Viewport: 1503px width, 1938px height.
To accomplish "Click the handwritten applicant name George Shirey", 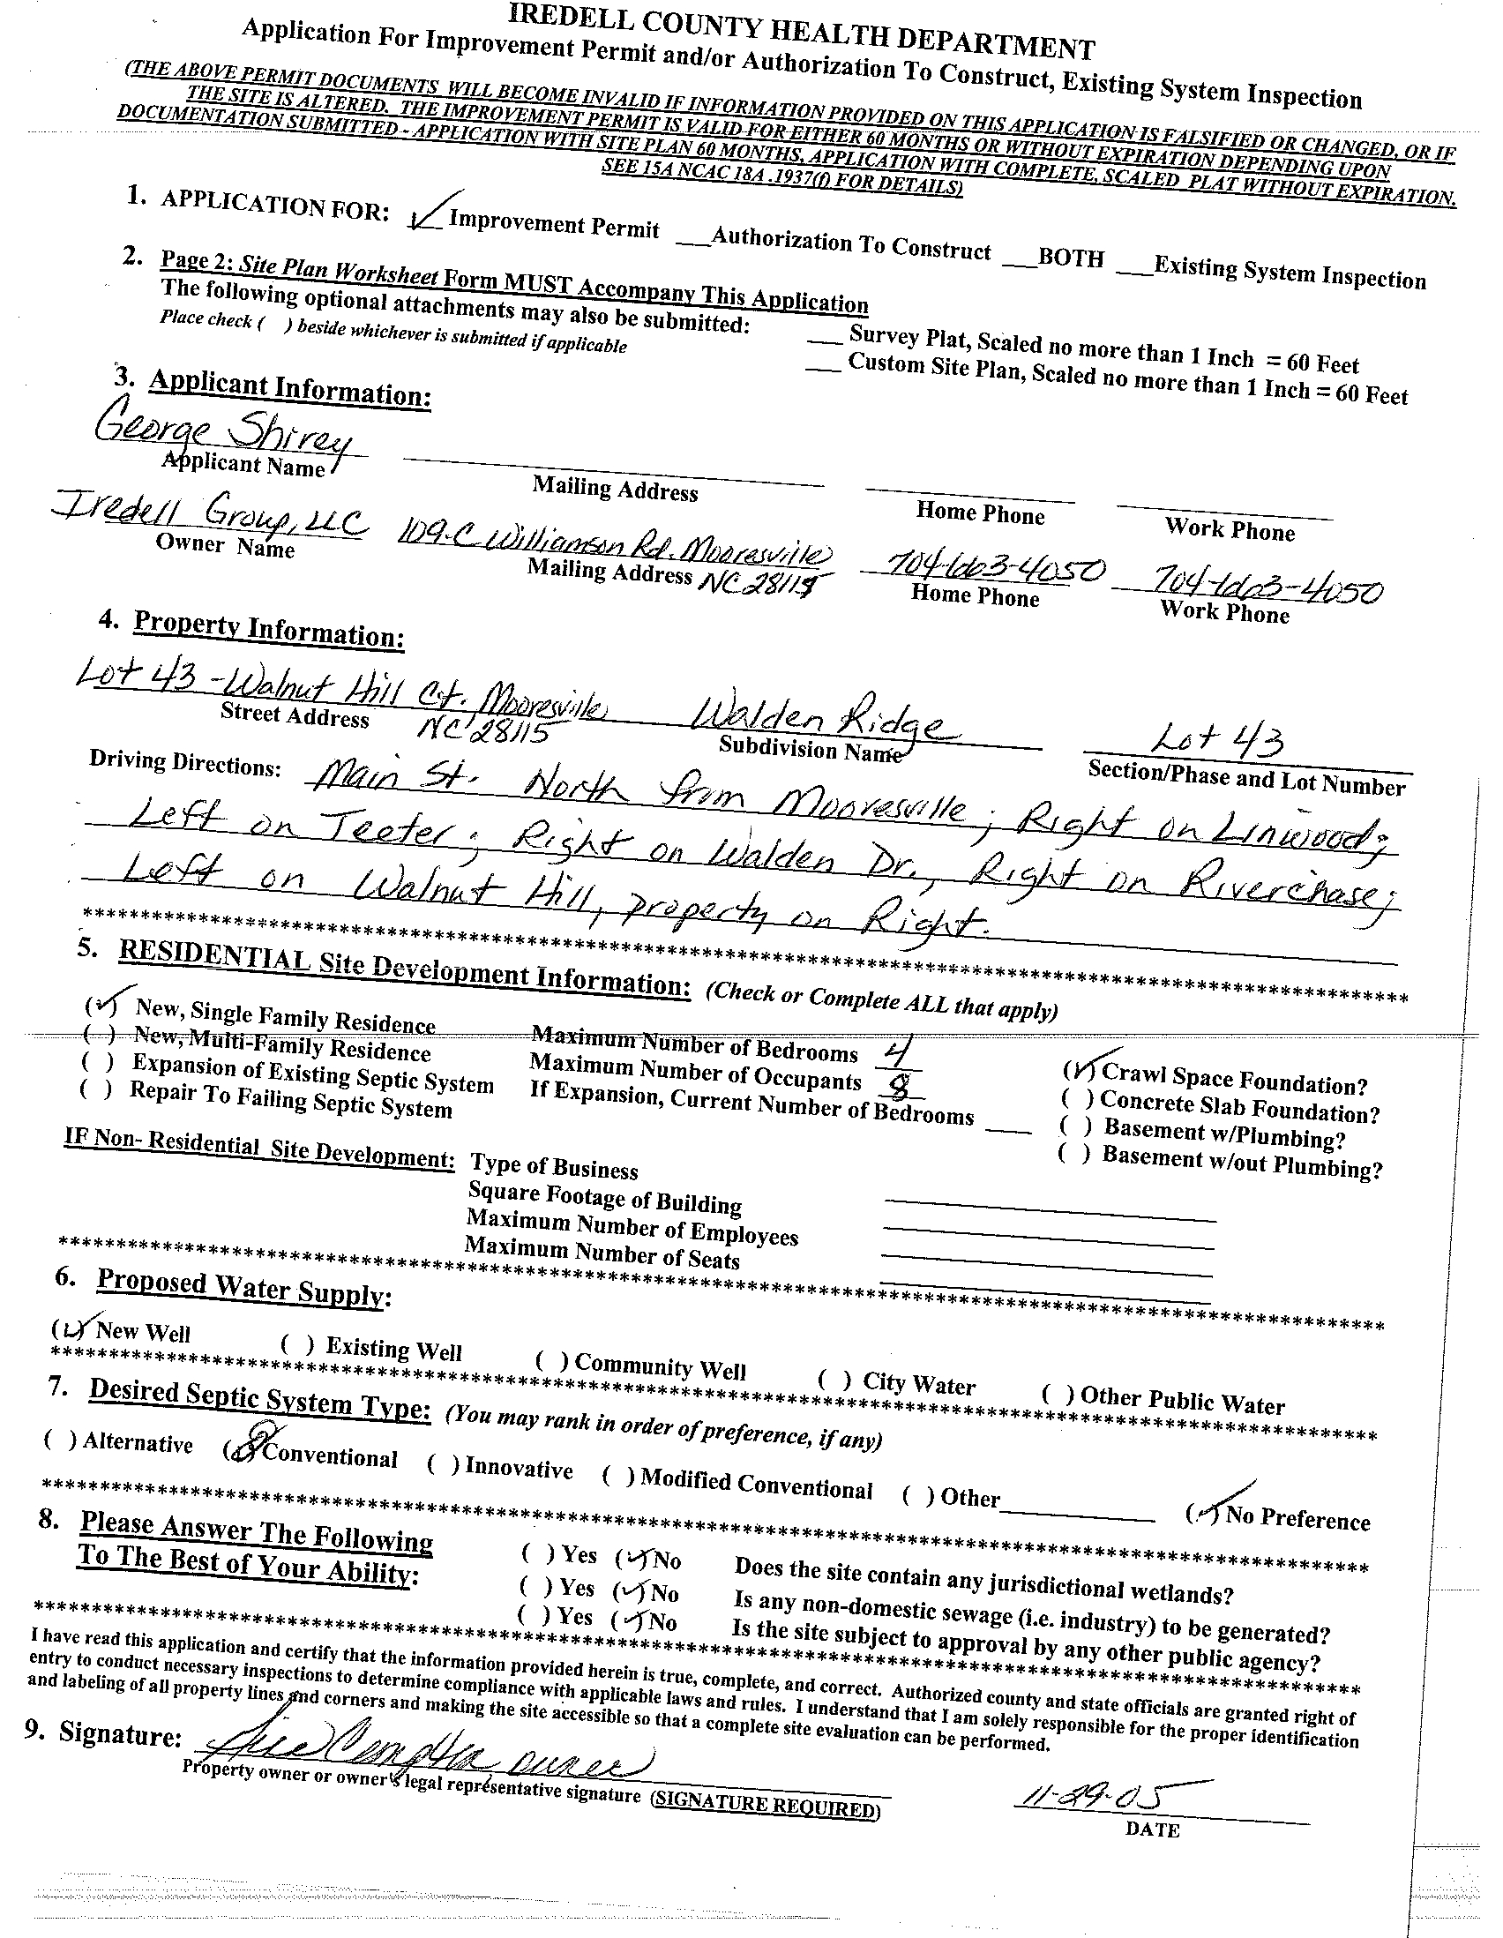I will tap(223, 434).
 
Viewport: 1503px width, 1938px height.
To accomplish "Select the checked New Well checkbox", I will tap(71, 1328).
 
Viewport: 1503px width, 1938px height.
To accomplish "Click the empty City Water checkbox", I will tap(834, 1379).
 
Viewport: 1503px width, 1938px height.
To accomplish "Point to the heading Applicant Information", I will tap(290, 388).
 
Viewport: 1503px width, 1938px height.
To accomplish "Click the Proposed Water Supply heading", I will tap(243, 1287).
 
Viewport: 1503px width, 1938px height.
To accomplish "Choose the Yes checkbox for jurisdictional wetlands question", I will tap(538, 1553).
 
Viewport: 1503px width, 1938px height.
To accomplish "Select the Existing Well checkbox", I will tap(297, 1343).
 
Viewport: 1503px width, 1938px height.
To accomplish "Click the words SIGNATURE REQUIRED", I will tap(766, 1805).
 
